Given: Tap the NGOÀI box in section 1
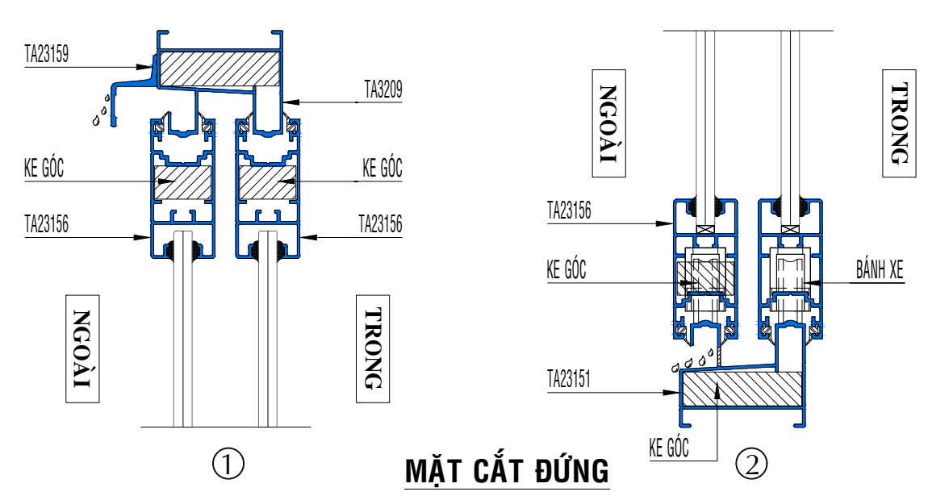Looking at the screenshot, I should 83,348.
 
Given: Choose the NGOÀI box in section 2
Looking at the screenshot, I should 608,122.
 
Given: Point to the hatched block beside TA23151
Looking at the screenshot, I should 730,393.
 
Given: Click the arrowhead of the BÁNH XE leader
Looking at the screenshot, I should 809,283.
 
